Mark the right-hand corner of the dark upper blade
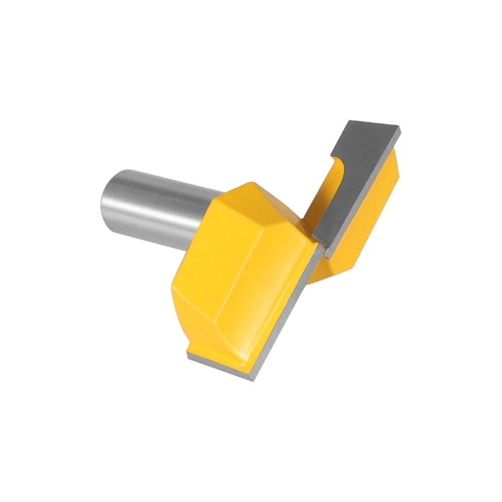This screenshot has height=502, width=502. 400,132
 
